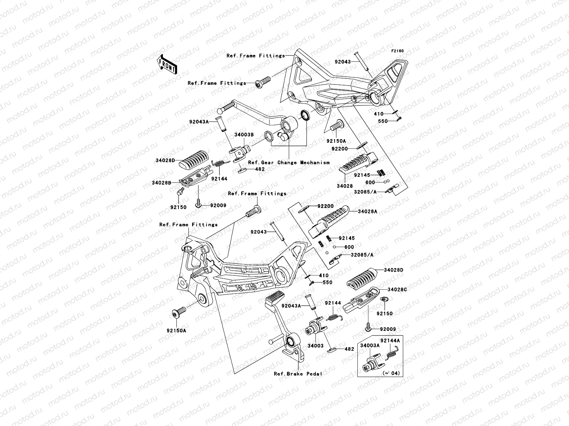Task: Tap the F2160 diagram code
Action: (397, 51)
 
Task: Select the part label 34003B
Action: (244, 135)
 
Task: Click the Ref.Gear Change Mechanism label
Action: (288, 163)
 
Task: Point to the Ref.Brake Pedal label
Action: (298, 374)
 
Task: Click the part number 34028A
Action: (368, 211)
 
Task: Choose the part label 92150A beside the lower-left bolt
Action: (176, 330)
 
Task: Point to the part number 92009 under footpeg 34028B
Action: (218, 205)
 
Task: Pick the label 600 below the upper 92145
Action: (370, 182)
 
